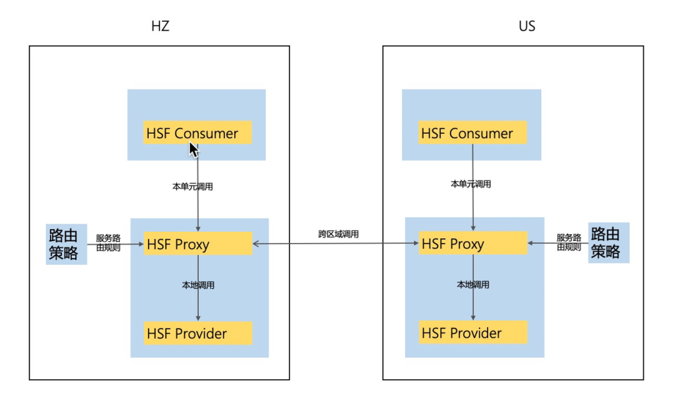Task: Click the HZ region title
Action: coord(161,26)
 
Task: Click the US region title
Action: coord(527,26)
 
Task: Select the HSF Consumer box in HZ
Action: coord(197,133)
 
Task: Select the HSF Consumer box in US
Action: coord(472,133)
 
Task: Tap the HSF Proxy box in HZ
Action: coord(197,244)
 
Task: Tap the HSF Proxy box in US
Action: coord(472,244)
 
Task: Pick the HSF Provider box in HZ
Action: coord(197,333)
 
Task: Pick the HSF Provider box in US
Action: coord(472,332)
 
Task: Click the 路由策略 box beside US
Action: coord(609,242)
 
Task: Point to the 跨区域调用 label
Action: coord(338,234)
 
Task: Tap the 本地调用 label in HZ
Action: coord(198,285)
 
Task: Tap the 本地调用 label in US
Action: coord(472,285)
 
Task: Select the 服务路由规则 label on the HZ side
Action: coord(108,242)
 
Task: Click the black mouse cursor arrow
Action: coord(193,149)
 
